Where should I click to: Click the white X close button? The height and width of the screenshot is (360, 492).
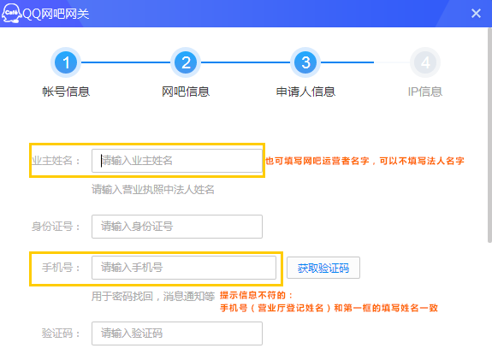pos(476,14)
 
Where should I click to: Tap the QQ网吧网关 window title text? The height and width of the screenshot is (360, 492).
pos(56,14)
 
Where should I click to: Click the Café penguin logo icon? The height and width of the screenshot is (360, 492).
pos(11,13)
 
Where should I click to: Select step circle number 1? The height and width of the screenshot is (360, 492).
pos(66,62)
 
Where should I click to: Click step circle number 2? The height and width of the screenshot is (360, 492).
pos(186,62)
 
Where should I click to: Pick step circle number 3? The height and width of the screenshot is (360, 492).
pos(305,62)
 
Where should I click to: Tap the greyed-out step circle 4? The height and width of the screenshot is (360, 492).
pos(425,62)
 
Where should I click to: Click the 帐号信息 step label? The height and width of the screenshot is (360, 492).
pos(66,91)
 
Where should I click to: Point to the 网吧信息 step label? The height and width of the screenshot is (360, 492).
pos(186,91)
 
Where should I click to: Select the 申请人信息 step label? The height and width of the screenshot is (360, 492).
pos(305,91)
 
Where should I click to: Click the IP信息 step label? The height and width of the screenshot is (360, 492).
pos(425,91)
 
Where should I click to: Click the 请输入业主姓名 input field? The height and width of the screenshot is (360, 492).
pos(177,161)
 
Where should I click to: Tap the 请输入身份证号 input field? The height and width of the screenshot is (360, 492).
pos(177,227)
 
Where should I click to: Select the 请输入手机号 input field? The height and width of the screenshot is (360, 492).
pos(184,268)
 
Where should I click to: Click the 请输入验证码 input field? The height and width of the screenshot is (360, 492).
pos(177,333)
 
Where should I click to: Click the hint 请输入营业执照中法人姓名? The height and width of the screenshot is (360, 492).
pos(153,190)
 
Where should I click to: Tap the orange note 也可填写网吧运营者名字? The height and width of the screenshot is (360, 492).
pos(317,161)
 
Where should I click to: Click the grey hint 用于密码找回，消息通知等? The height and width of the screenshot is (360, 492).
pos(153,296)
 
